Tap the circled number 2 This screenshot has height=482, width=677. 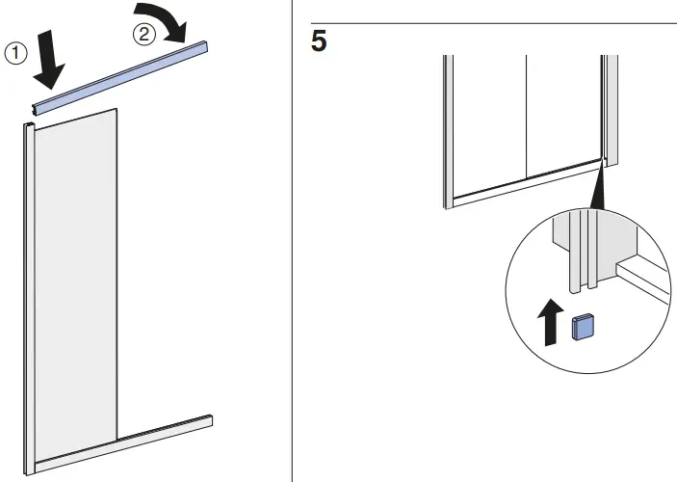point(143,34)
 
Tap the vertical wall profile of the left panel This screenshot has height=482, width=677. point(28,289)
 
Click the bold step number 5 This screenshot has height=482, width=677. point(319,43)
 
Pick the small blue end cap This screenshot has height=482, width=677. point(583,328)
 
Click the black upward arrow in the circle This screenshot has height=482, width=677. point(550,323)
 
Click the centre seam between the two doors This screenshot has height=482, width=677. point(526,116)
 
